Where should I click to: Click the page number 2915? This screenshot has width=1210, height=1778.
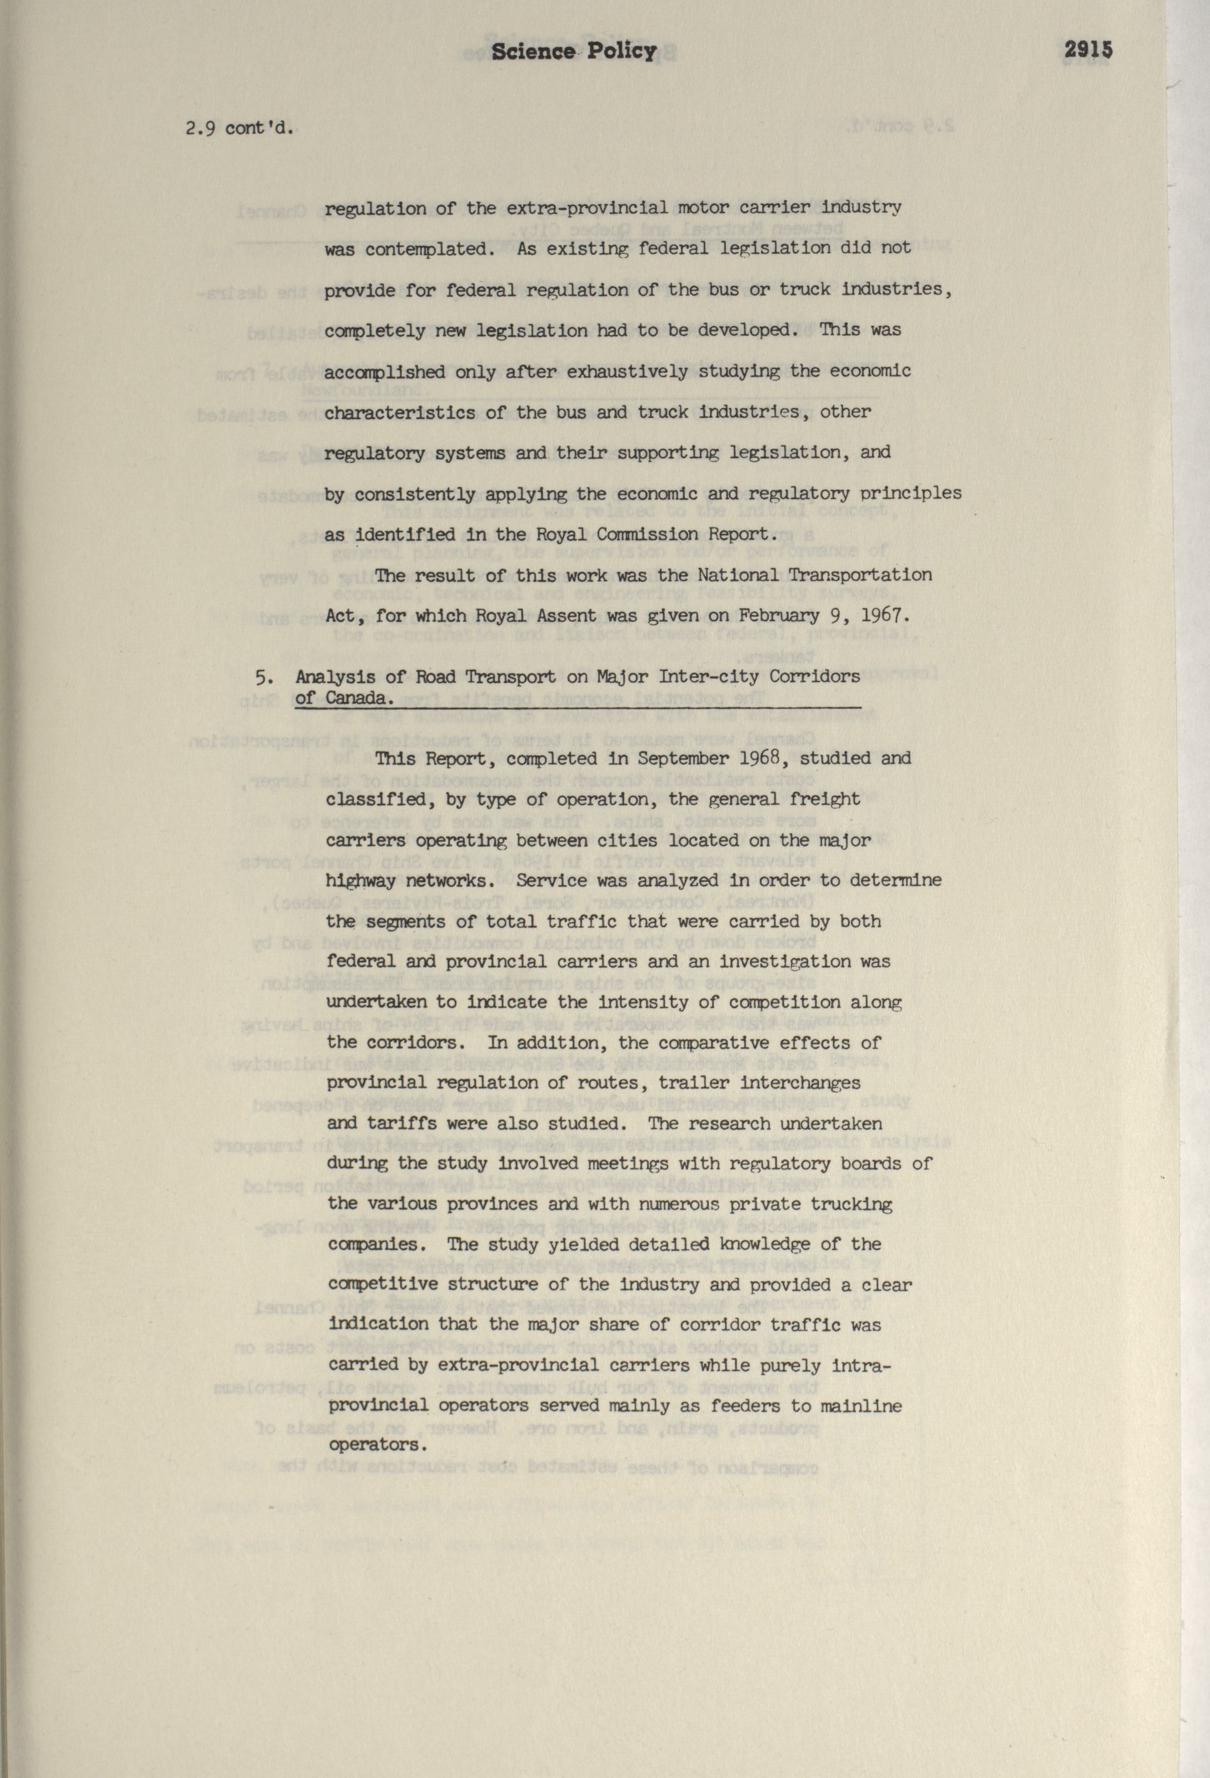[1087, 51]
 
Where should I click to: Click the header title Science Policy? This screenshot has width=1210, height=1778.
[573, 51]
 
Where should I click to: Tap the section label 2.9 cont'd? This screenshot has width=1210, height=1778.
[240, 128]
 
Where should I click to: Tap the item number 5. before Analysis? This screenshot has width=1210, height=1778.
[264, 678]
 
